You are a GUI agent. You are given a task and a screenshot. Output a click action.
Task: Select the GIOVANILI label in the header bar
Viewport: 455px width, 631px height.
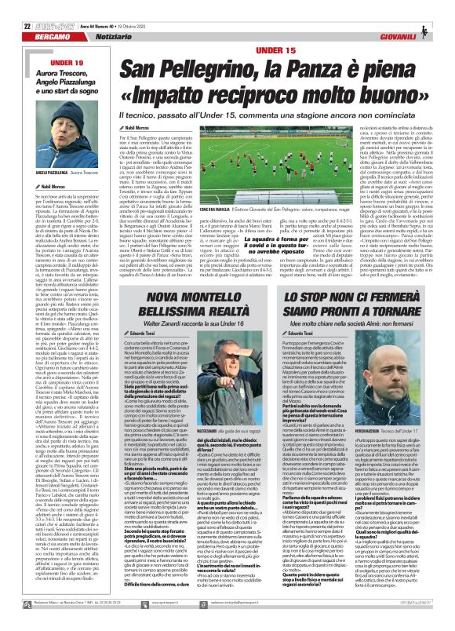[x=421, y=18]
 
